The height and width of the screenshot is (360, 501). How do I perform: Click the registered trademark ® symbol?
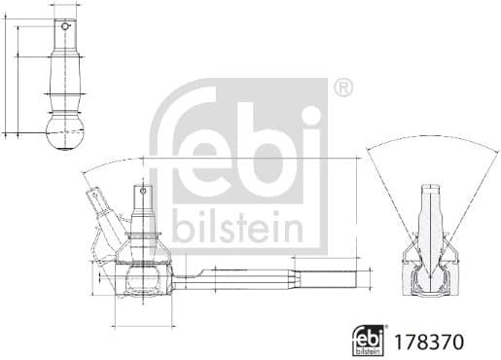pos(342,89)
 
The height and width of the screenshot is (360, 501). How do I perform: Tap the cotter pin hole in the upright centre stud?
pos(142,193)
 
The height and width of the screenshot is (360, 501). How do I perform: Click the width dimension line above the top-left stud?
pos(66,5)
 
